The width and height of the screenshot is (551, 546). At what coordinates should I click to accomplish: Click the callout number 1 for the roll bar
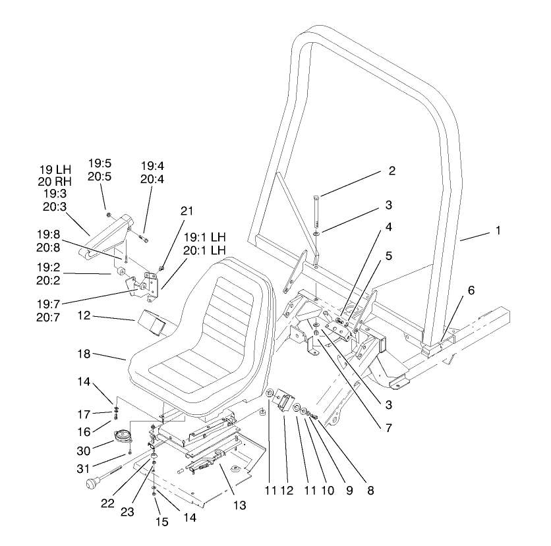498,231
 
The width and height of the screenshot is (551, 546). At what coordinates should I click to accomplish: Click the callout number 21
187,211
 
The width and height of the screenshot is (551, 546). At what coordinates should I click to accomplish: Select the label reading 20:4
152,178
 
